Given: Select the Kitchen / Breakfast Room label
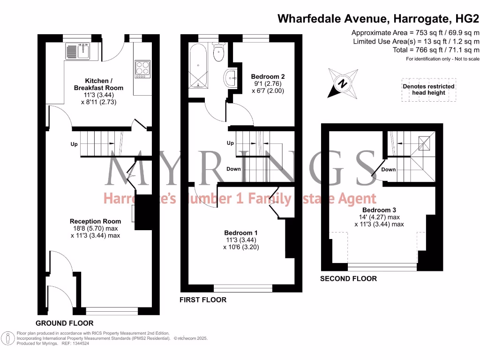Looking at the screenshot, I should coord(98,84).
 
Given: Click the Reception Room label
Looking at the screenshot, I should coord(95,221).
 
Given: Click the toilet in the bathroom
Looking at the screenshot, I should coord(218,53).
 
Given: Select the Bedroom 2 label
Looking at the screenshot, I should coord(268,76).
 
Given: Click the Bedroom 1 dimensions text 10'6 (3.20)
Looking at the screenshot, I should coord(241,247).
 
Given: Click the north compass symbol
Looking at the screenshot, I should coord(343,83).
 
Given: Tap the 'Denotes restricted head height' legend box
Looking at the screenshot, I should coord(428,90).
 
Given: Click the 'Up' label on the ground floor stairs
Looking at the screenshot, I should coord(74,144).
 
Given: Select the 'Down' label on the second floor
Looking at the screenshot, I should coord(388,170).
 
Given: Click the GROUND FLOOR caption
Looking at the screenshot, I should coord(65,323).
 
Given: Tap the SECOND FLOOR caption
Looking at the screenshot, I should coord(348,278).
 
